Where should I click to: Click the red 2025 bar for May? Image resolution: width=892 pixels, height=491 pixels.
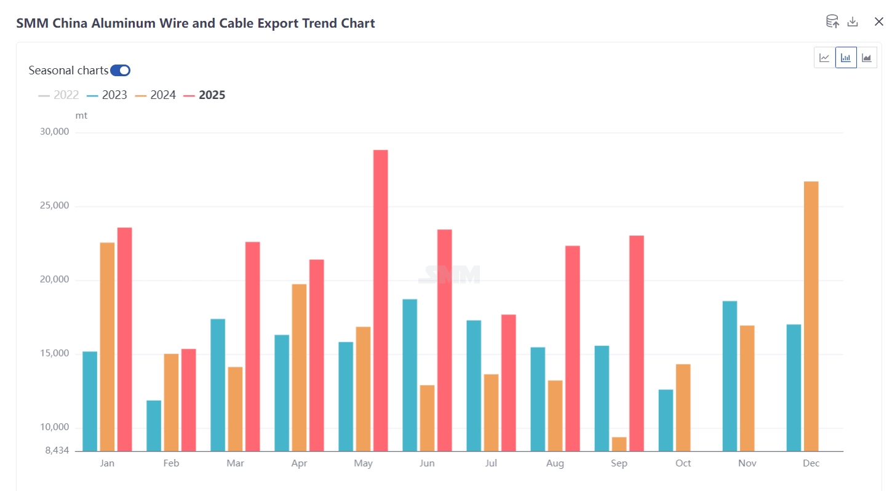[x=380, y=300]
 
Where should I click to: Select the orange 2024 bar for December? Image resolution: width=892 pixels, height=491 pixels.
[x=811, y=316]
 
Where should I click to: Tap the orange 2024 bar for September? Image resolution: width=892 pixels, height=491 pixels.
[x=619, y=444]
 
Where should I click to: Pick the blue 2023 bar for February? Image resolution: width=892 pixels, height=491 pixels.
[x=154, y=425]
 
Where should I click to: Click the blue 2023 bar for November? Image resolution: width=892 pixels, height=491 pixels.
[x=730, y=375]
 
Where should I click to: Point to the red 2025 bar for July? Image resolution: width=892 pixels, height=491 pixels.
[x=508, y=382]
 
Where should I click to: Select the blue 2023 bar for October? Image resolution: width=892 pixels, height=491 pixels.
[x=666, y=420]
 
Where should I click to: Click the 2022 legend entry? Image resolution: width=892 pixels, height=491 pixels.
[x=59, y=95]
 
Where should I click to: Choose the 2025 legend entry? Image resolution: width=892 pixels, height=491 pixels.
[x=205, y=95]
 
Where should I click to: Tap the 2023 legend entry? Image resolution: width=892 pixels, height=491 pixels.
[x=108, y=95]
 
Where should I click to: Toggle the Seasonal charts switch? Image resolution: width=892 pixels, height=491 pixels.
[x=120, y=70]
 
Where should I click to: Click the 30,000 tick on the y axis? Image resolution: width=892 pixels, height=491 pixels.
[x=55, y=132]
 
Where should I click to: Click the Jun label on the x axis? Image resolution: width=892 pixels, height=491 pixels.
[x=427, y=463]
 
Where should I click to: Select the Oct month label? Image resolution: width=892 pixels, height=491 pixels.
[x=683, y=463]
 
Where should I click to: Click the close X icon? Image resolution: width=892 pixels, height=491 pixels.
[x=878, y=22]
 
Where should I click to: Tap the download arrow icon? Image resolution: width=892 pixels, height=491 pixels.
[x=853, y=22]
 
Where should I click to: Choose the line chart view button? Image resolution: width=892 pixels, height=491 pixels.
[x=824, y=58]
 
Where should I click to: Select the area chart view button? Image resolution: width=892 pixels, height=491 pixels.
[x=867, y=58]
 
